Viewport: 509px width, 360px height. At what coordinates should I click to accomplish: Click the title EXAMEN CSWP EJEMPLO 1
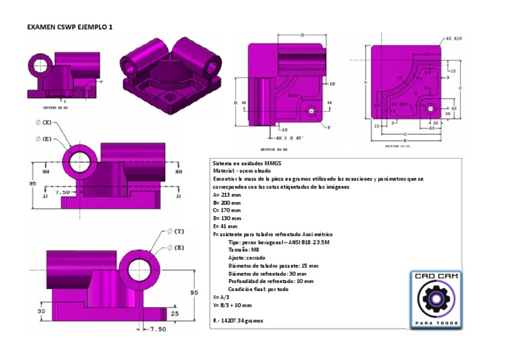click(70, 27)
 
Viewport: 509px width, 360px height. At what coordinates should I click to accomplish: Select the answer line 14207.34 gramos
click(239, 320)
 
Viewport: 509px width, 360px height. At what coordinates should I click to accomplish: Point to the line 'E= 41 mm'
click(225, 225)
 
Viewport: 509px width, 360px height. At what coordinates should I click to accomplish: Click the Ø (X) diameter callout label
click(44, 123)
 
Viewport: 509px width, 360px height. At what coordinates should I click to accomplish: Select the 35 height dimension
click(40, 310)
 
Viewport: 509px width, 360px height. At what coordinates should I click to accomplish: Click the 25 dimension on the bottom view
click(174, 313)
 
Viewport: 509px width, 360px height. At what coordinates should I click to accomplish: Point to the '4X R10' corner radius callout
click(455, 39)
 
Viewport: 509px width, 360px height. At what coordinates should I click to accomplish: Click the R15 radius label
click(292, 95)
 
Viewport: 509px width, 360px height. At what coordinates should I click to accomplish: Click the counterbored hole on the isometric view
click(174, 97)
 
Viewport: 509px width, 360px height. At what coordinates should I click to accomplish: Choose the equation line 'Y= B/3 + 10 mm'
click(233, 305)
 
